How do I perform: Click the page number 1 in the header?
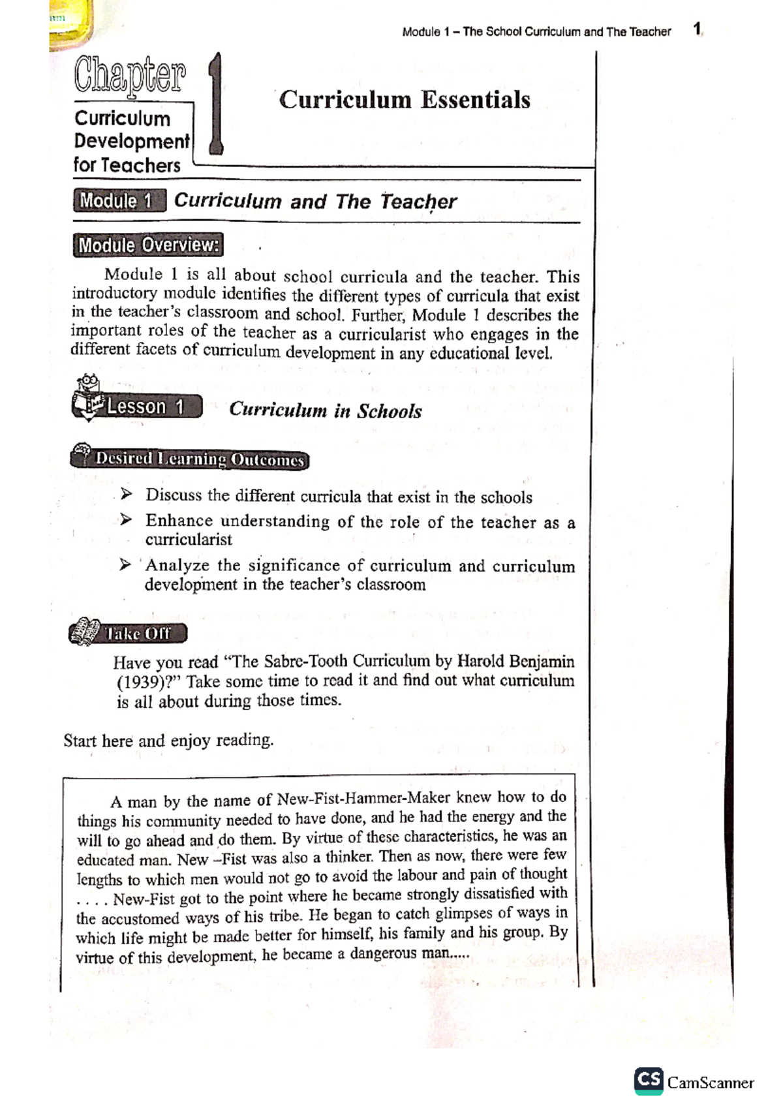click(697, 29)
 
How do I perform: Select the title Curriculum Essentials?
click(405, 100)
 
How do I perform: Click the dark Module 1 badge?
click(119, 200)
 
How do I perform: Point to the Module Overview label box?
click(148, 245)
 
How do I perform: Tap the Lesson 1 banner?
click(146, 407)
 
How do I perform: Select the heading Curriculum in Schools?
click(325, 410)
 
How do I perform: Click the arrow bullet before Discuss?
click(126, 495)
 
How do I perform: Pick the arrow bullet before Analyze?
click(125, 564)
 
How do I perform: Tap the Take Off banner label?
click(138, 634)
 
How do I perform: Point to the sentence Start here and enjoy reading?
click(168, 741)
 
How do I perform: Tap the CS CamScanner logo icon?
click(648, 1081)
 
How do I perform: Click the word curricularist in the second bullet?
click(189, 540)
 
